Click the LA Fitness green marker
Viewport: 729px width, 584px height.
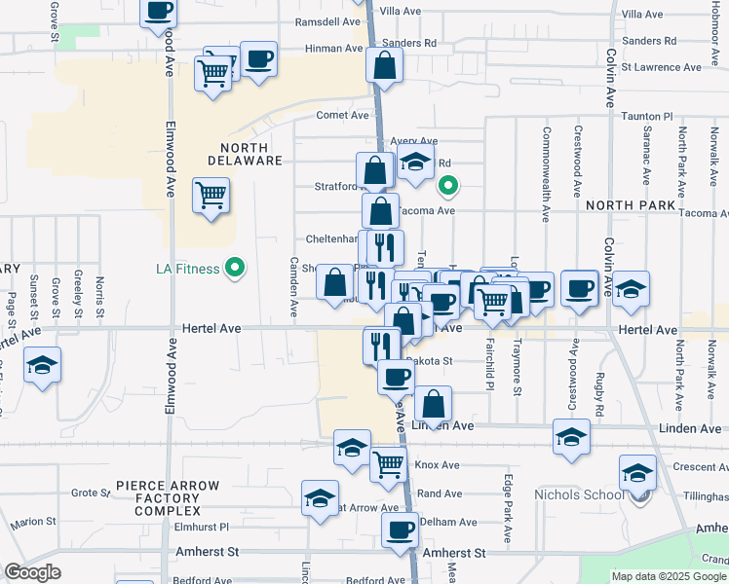tap(234, 268)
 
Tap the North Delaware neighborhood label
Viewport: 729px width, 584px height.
tap(244, 153)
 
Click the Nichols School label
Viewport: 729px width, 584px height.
tap(578, 494)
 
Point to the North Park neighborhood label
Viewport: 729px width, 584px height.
tap(631, 205)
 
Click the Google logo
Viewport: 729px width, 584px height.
tap(32, 572)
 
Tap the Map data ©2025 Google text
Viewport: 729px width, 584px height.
tap(669, 576)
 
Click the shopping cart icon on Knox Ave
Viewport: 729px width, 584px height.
tap(388, 464)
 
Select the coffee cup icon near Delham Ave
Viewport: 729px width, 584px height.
tap(399, 529)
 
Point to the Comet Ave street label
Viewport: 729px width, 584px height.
tap(342, 115)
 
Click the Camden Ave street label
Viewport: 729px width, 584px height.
tap(292, 286)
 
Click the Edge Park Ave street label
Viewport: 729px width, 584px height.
tap(508, 508)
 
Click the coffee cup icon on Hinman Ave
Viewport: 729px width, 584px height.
tap(258, 57)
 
